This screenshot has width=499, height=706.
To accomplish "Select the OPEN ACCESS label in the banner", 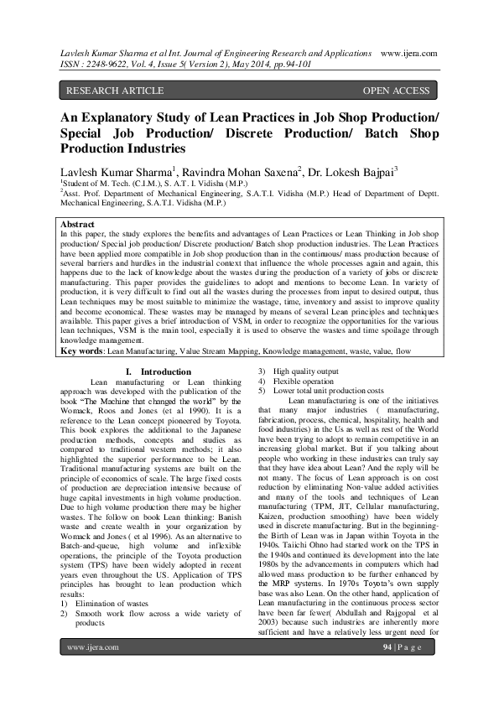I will pos(396,91).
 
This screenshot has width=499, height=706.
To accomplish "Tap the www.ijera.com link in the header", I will pos(408,51).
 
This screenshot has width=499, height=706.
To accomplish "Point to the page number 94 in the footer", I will pos(387,672).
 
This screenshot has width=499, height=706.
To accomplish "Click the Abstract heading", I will pos(78,226).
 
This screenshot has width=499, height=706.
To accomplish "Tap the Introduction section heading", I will pos(169,371).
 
